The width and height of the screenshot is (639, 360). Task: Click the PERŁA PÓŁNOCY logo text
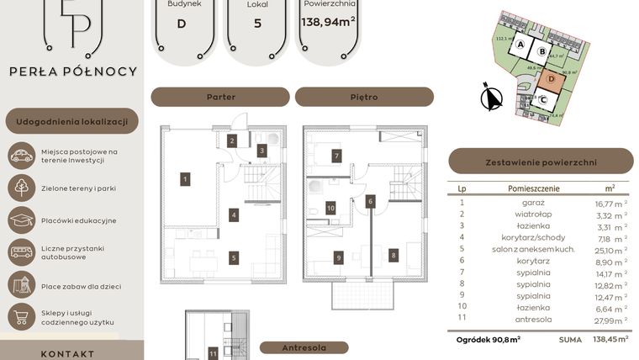(72, 71)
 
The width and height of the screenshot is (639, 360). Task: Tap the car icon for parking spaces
(21, 156)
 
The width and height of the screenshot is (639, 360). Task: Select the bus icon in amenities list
(21, 253)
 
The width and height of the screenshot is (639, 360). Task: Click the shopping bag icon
(21, 317)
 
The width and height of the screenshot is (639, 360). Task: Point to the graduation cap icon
(21, 220)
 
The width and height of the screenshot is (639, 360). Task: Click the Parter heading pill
(220, 97)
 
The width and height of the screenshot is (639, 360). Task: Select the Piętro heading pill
(363, 97)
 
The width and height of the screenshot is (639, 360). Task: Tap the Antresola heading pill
(304, 348)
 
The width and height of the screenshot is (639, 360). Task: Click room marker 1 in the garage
(184, 178)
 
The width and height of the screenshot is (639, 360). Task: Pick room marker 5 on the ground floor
(234, 258)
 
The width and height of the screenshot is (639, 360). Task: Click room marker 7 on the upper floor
(335, 156)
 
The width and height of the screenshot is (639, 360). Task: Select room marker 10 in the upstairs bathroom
(330, 207)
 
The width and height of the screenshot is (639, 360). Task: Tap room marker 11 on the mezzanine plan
(214, 354)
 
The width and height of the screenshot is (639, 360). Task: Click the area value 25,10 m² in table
(610, 250)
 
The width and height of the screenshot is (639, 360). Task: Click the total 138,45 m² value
(611, 339)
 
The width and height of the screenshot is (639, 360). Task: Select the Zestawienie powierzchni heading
(541, 161)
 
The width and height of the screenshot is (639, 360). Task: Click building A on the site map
(521, 45)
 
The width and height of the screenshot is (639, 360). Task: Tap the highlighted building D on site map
(551, 80)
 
